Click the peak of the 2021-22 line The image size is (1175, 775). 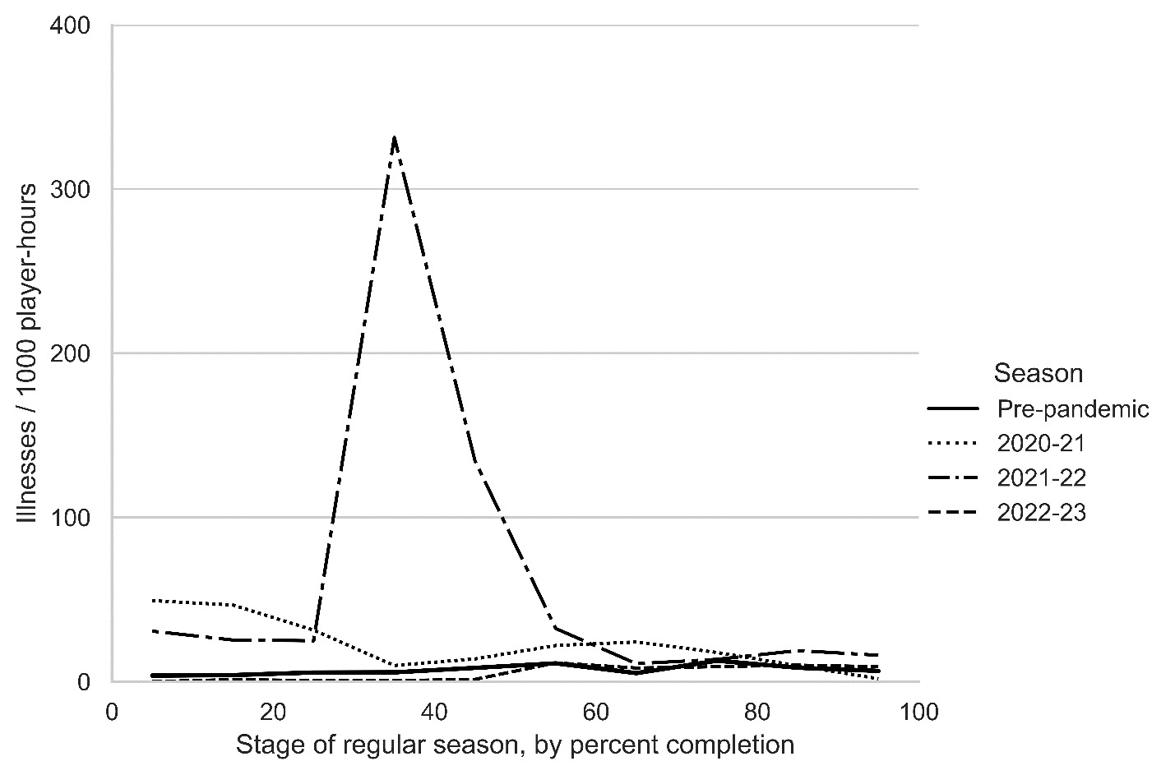coord(395,137)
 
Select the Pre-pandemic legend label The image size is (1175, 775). coord(1072,409)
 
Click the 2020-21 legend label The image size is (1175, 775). coord(1041,444)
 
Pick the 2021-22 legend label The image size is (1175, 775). coord(1041,478)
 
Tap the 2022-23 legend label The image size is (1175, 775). coord(1041,513)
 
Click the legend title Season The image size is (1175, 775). coord(1038,373)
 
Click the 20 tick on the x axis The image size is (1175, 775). coord(273,712)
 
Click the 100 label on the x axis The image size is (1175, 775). coord(918,712)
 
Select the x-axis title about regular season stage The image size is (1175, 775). coord(515,745)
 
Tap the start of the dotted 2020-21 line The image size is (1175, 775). coord(153,601)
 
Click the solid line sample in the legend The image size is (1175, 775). coord(952,409)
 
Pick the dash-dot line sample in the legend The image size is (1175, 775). coord(952,478)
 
